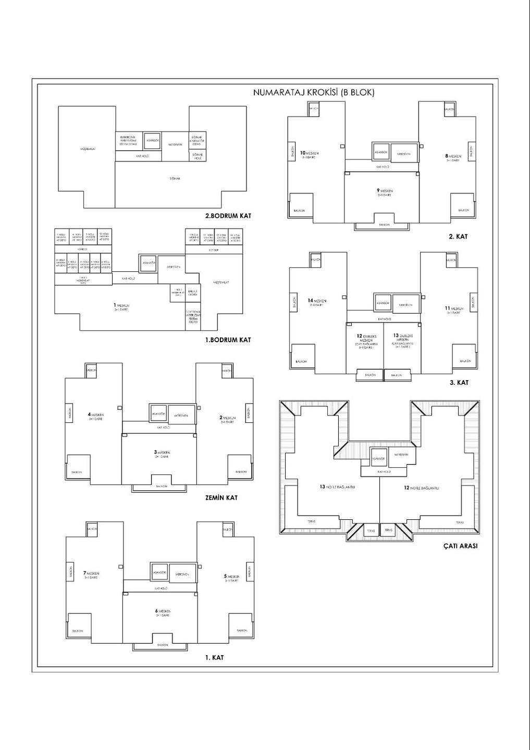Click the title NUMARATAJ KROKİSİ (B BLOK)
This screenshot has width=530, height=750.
pos(313,93)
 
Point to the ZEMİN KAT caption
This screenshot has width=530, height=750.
pos(221,497)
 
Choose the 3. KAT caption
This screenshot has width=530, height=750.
pos(459,382)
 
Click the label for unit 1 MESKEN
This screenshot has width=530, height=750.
pos(121,307)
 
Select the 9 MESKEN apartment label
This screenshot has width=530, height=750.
pos(385,192)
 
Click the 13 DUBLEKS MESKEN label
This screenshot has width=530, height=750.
pos(403,340)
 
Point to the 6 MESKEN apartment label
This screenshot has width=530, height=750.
pos(163,612)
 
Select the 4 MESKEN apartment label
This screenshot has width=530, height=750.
pos(96,416)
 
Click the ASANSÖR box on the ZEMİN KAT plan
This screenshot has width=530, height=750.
pos(158,414)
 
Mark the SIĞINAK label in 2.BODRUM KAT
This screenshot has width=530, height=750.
pos(175,178)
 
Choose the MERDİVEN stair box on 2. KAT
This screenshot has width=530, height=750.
pos(404,154)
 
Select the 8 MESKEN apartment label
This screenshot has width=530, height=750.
pos(453,157)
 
